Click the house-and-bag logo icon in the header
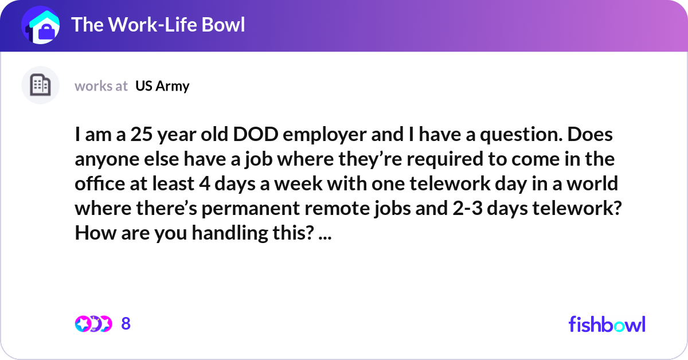(x=41, y=26)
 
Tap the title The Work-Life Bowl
(x=158, y=25)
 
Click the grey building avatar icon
(x=40, y=85)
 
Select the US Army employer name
(x=162, y=86)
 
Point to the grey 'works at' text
(x=101, y=86)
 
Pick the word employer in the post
(x=325, y=136)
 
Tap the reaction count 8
(x=126, y=324)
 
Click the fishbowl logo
(x=607, y=324)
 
